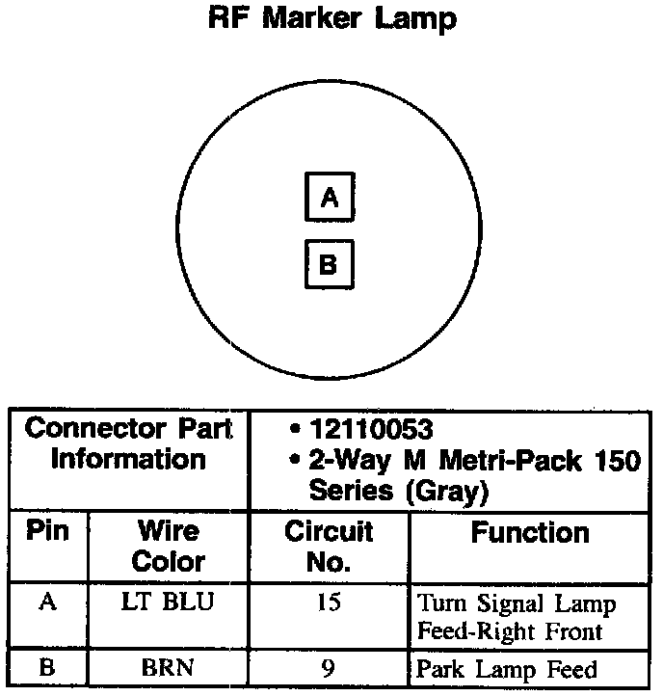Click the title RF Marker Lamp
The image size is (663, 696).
click(332, 18)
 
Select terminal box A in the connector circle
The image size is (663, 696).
click(330, 198)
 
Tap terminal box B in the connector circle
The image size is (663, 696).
click(329, 264)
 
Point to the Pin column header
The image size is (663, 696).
click(48, 532)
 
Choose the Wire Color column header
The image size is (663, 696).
click(168, 546)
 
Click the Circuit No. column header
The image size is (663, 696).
click(329, 546)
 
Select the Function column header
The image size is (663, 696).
click(529, 533)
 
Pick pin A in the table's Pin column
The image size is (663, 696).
click(47, 603)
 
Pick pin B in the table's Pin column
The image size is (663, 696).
click(47, 668)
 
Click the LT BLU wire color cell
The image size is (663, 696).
click(168, 603)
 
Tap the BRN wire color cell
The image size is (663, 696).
click(168, 668)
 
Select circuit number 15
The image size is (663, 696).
click(329, 604)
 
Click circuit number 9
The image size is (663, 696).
click(329, 668)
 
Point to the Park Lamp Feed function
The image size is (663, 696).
click(507, 669)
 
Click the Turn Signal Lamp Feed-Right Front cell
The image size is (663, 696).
click(516, 618)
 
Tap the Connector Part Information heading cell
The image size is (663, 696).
click(129, 443)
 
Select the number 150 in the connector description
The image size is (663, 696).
click(613, 461)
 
